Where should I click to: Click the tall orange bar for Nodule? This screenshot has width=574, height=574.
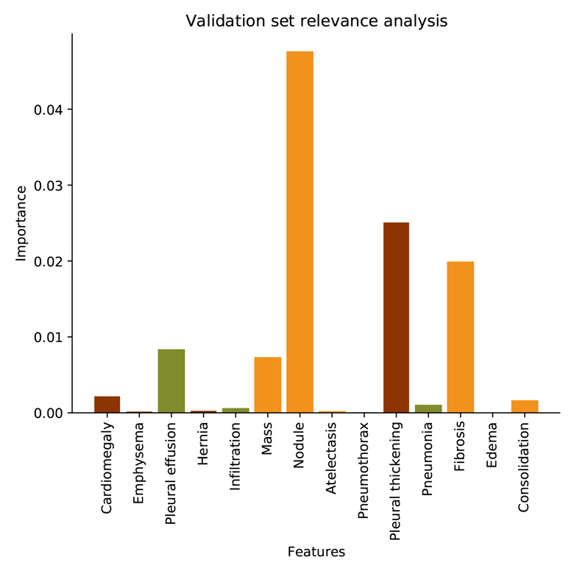[x=300, y=232]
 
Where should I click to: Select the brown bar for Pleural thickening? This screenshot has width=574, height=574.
[x=396, y=317]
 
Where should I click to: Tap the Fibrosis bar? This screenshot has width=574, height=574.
[x=461, y=337]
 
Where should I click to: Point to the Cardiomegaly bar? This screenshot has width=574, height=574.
[x=107, y=404]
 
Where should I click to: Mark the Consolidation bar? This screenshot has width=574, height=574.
[x=525, y=406]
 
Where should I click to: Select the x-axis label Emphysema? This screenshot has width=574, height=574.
[x=139, y=463]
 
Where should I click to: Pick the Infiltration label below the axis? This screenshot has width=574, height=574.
[x=235, y=459]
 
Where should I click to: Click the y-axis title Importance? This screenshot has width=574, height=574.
[x=22, y=223]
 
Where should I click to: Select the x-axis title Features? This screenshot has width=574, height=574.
[x=316, y=551]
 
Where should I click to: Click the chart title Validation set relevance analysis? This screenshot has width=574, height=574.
[x=316, y=21]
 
